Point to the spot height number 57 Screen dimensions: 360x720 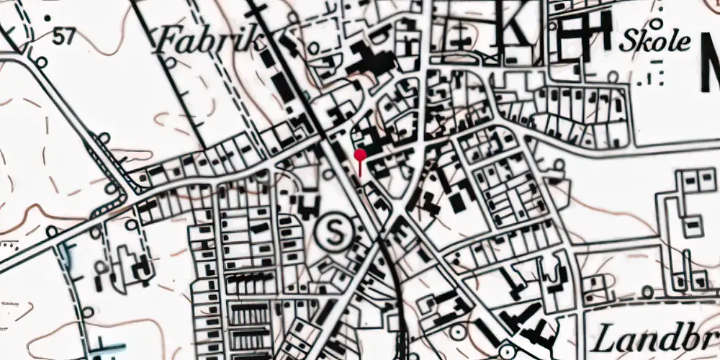[x=63, y=37]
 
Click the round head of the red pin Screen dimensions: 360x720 [x=360, y=154]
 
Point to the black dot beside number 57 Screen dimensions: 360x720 [x=48, y=16]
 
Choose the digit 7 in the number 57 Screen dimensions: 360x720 [x=68, y=37]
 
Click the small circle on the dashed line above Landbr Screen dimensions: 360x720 [x=649, y=292]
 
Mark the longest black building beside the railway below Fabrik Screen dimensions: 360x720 [x=282, y=87]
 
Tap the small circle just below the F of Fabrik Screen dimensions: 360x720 [x=171, y=63]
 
